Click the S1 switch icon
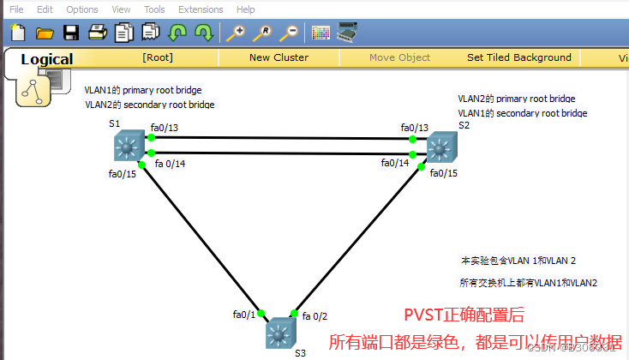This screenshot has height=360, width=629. point(129,147)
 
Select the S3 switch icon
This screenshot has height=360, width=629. point(278,332)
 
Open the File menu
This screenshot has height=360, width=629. point(16,9)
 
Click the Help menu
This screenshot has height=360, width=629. point(245,9)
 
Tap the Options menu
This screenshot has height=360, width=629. point(82,9)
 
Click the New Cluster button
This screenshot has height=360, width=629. point(279,58)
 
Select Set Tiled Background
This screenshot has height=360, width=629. point(518,58)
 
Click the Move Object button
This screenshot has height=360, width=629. point(399,58)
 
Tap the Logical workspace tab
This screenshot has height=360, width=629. point(47,59)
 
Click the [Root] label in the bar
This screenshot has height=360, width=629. point(158,58)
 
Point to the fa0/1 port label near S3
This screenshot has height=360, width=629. point(243,315)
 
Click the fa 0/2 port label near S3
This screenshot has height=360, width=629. point(314,315)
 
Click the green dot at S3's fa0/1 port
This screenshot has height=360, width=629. point(261,314)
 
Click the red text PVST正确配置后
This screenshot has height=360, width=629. point(463,315)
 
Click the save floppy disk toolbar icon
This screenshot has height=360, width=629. point(71,33)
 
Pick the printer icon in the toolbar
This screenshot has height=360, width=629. point(97,33)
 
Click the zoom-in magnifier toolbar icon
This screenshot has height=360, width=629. point(234,33)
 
